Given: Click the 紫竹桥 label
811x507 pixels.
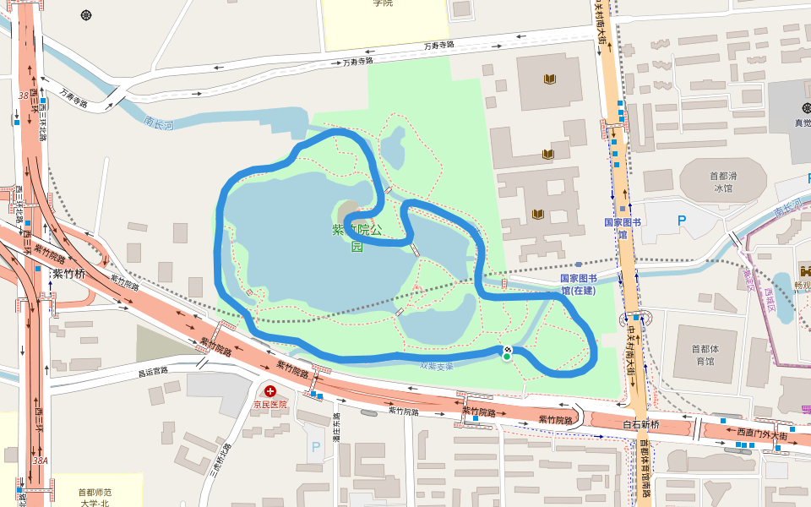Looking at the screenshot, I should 69,273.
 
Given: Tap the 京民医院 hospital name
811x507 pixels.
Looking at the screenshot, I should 270,404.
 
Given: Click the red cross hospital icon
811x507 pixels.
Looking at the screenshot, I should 270,391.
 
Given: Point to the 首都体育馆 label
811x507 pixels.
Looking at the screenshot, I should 702,355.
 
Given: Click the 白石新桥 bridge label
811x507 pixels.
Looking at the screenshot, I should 640,423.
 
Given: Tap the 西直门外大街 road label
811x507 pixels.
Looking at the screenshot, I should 761,433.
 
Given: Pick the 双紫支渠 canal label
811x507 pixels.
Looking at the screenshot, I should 437,366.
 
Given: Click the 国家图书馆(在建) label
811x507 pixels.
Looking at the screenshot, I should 578,284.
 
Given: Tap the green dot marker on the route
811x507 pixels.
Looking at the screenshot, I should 506,357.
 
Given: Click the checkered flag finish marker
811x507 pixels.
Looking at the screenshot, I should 507,349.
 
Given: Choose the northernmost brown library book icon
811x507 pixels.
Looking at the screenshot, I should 550,79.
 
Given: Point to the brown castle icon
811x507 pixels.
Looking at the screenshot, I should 804,273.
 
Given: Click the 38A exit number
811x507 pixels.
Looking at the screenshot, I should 40,461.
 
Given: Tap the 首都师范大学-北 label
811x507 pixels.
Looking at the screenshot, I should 95,498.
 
